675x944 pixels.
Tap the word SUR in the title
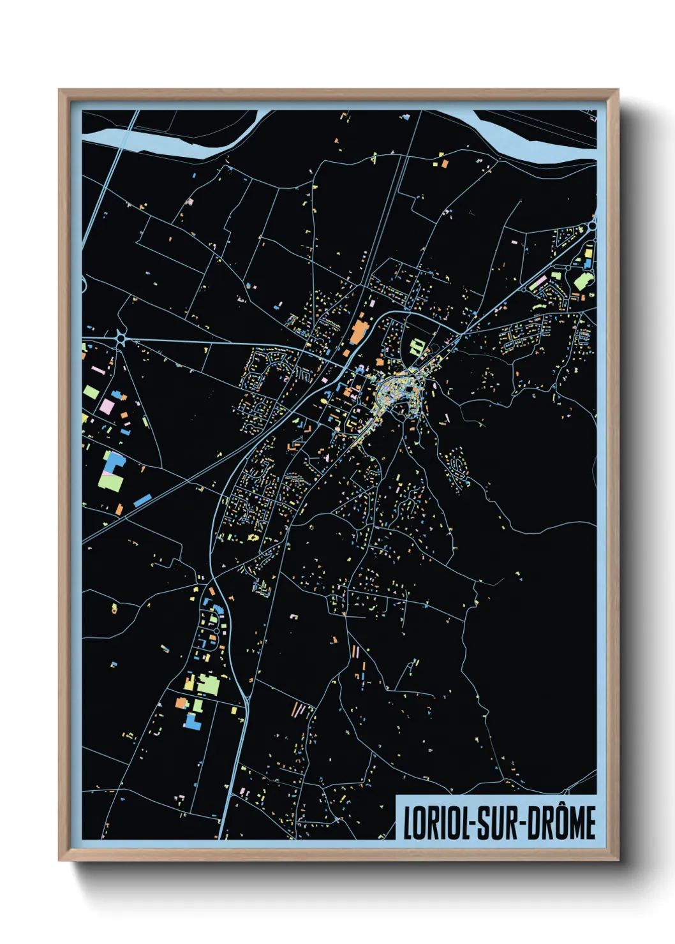[x=498, y=823]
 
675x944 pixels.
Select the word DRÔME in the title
[x=561, y=823]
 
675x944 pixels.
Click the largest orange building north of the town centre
[x=357, y=332]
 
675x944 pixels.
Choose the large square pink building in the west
[x=107, y=406]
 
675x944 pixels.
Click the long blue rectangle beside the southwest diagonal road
[x=142, y=500]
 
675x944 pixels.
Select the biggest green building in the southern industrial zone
[x=208, y=685]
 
